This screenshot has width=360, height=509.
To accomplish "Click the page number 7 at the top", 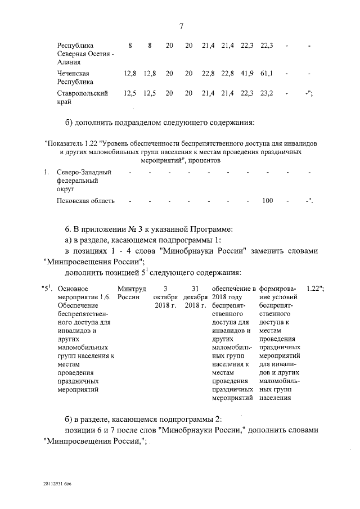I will pos(182,25).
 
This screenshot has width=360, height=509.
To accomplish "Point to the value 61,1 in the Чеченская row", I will pos(267,73).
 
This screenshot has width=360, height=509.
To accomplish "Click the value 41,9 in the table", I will pos(247,73).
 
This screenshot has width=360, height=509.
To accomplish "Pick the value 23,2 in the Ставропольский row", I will pos(267,93).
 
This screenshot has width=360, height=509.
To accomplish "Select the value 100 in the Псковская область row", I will pos(268,200).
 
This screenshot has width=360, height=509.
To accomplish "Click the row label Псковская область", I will pos(85,200).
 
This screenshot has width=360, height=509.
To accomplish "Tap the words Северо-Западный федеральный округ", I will pos(83,181).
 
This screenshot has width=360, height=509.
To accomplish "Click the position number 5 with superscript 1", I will pos(48,289).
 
